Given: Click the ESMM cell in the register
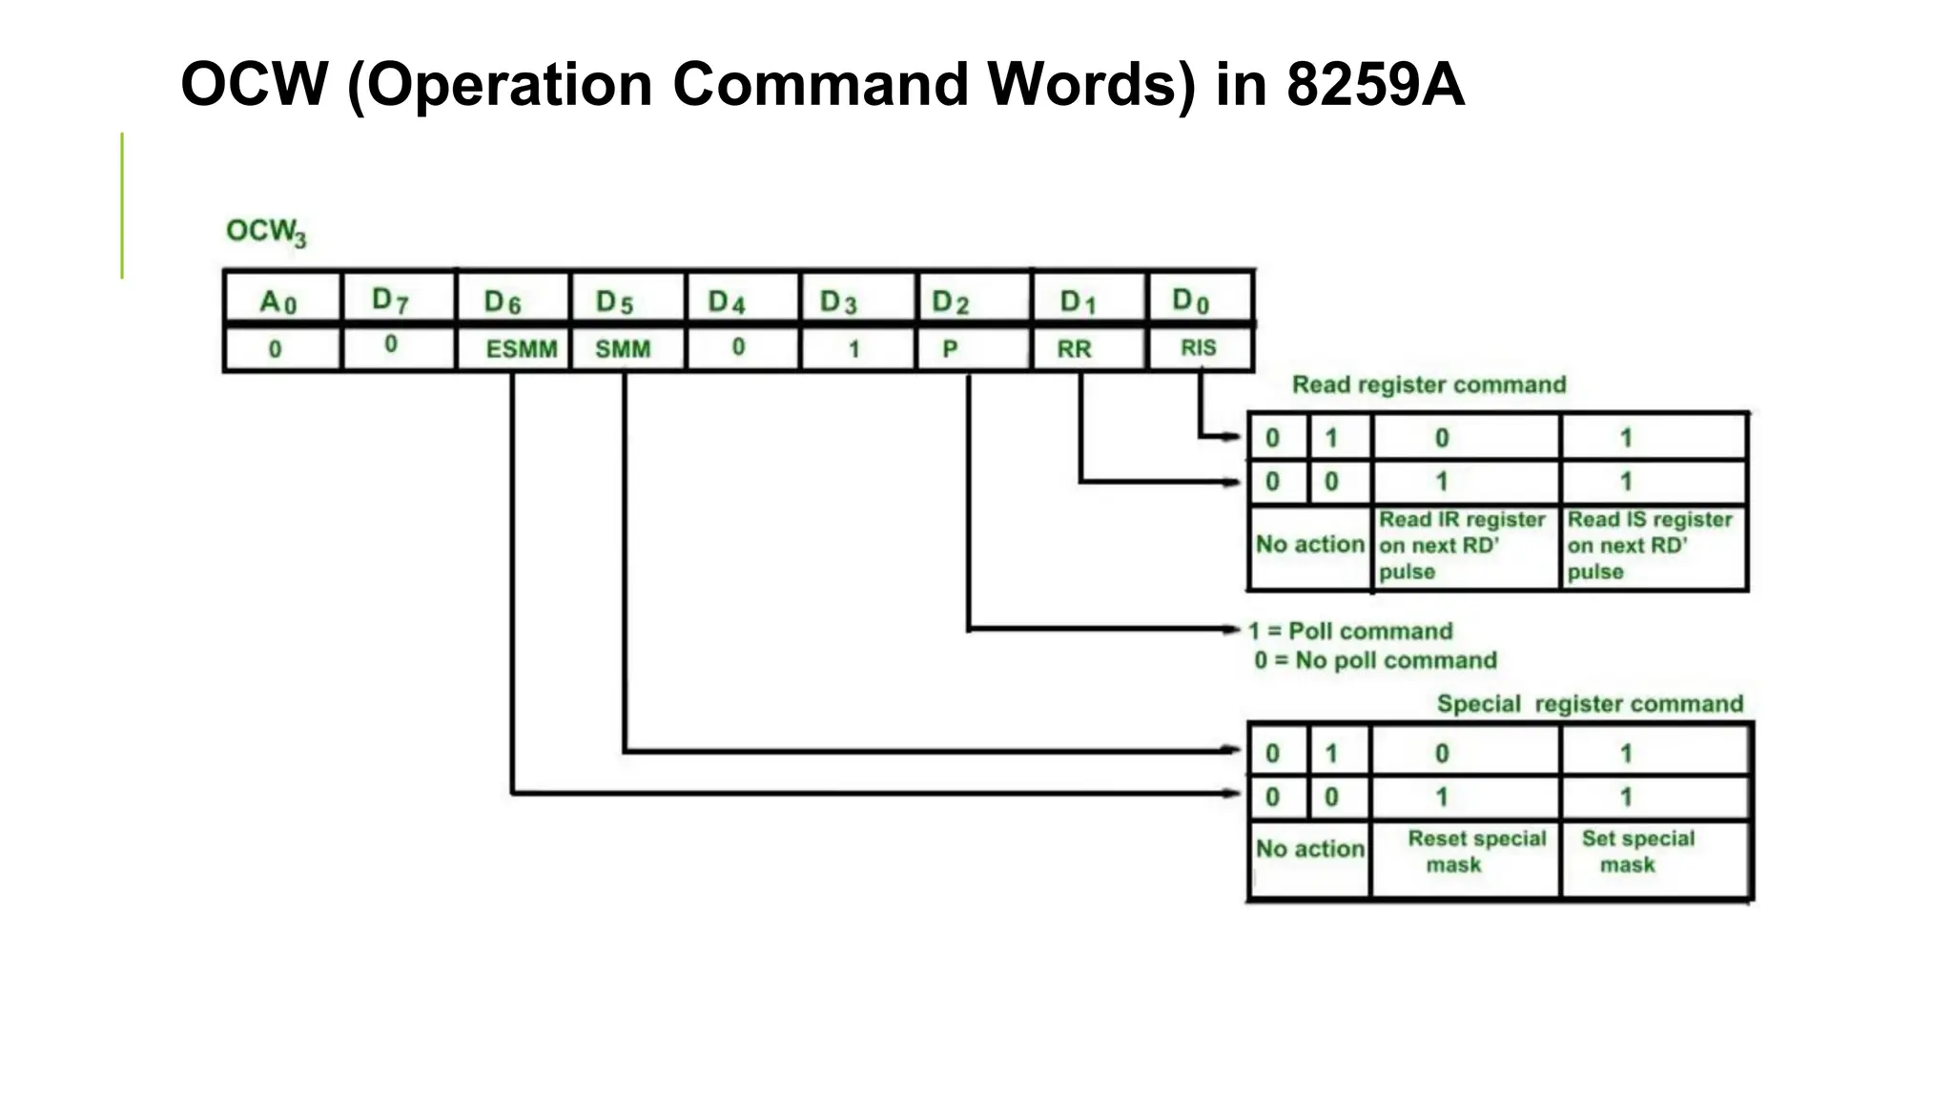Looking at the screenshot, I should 520,349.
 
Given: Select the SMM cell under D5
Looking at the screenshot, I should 623,349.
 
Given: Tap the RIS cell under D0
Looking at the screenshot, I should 1199,348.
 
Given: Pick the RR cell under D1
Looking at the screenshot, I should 1074,349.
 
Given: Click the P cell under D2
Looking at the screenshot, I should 950,349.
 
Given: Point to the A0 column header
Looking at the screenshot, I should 278,301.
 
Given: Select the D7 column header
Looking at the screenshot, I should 390,301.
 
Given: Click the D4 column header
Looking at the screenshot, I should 726,301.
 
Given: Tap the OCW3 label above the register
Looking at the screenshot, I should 266,232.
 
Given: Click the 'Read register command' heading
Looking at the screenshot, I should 1429,384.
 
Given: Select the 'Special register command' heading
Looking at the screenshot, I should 1589,704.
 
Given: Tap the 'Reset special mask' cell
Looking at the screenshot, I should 1475,851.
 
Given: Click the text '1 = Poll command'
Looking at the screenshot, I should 1350,632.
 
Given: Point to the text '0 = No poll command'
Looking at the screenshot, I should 1375,660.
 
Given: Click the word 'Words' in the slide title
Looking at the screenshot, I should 1090,84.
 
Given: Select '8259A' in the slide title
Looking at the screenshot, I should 1375,84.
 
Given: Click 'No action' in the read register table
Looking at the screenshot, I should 1309,544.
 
